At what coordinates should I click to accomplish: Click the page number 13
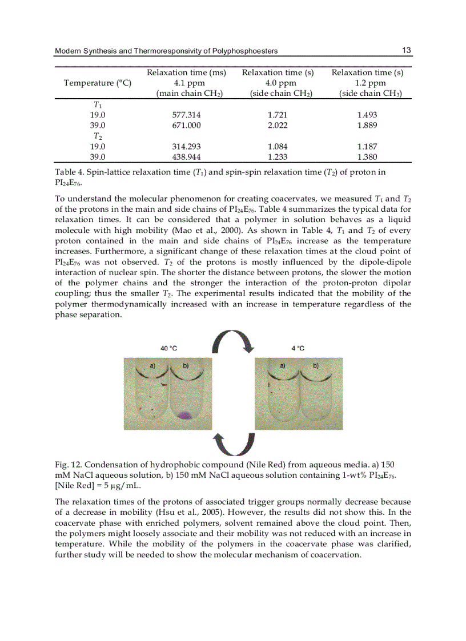pos(407,50)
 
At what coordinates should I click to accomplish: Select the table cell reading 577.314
pos(186,115)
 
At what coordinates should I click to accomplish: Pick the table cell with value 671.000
pos(186,125)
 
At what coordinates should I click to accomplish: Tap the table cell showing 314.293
pos(186,146)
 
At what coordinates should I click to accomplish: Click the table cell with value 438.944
pos(186,156)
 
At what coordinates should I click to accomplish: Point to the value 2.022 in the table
pos(278,125)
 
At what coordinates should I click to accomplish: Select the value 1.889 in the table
pos(367,125)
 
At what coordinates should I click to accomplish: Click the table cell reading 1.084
pos(278,146)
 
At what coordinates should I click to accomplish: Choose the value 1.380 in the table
pos(367,156)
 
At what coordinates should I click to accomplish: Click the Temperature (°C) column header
pos(98,83)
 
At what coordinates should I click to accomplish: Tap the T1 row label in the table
pos(98,104)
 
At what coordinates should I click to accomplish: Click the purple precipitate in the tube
pos(185,415)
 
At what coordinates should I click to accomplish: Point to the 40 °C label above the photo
pos(168,348)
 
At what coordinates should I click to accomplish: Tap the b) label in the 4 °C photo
pos(315,364)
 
